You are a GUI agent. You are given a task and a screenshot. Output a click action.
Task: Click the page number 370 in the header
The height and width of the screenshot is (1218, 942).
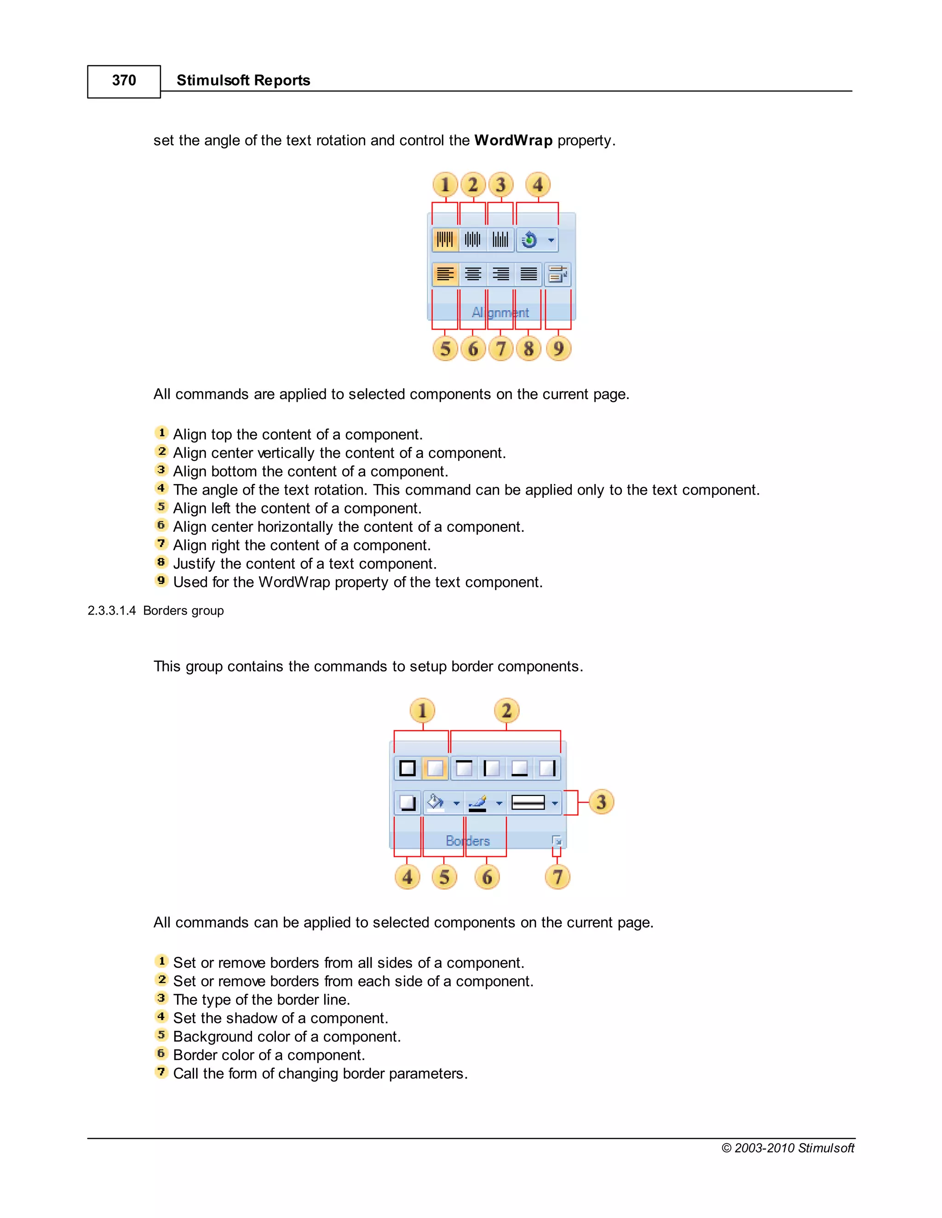tap(124, 81)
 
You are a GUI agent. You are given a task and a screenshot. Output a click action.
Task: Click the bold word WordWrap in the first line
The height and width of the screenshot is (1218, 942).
tap(513, 141)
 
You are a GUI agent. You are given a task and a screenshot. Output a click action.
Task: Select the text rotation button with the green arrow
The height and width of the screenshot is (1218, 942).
tap(529, 240)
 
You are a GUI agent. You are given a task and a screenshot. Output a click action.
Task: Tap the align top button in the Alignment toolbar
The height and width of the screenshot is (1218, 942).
tap(445, 240)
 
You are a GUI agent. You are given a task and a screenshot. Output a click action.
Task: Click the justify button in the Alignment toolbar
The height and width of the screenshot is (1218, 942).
tap(528, 274)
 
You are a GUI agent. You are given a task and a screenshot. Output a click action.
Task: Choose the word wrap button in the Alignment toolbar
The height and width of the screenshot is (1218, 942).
tap(557, 274)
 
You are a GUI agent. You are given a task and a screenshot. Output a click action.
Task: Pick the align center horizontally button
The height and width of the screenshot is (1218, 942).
tap(473, 274)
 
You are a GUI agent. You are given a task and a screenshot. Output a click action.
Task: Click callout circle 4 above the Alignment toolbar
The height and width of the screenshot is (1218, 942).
tap(537, 185)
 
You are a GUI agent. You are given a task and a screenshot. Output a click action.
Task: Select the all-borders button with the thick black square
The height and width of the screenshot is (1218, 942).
tap(408, 768)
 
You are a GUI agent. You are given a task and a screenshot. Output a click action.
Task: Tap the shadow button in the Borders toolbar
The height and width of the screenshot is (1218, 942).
tap(408, 803)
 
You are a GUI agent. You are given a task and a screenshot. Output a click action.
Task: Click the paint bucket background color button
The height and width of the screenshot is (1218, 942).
tap(435, 803)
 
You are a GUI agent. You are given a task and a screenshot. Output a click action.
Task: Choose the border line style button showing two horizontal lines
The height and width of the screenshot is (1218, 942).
tap(528, 803)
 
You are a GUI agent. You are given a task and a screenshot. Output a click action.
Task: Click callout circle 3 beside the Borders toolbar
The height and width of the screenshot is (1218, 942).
tap(601, 802)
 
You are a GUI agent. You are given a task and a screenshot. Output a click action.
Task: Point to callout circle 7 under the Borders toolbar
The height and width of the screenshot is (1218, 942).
tap(557, 877)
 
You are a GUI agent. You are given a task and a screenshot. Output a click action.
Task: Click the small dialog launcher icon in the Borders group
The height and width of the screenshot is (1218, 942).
tap(557, 841)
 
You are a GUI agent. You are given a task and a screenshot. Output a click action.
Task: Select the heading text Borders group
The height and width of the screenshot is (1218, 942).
tap(183, 611)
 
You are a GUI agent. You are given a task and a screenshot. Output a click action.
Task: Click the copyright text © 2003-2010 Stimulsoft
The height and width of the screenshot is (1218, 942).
tap(787, 1148)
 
